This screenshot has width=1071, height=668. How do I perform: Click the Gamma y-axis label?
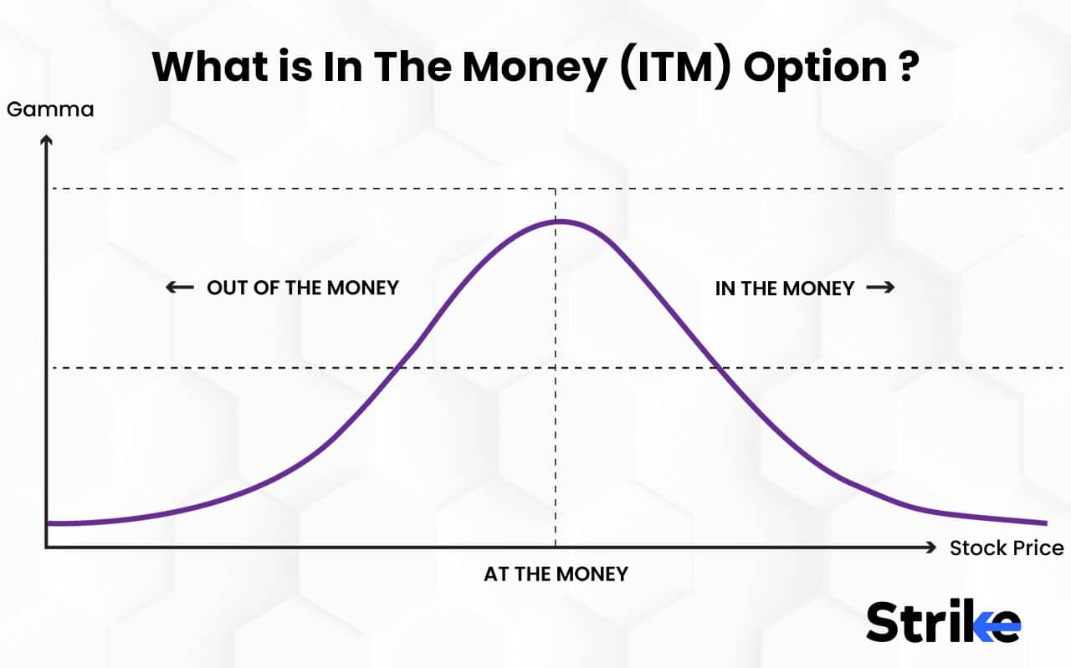point(50,110)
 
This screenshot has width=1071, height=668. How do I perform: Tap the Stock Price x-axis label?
point(1007,548)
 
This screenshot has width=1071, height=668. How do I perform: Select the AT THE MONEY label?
point(556,574)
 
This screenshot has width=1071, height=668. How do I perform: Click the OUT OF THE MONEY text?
point(302,288)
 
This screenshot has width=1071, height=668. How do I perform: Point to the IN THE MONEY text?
point(784,288)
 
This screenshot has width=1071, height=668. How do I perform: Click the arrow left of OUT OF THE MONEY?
point(180,288)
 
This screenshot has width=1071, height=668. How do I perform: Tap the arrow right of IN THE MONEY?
point(880,288)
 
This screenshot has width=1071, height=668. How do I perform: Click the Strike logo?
point(943,623)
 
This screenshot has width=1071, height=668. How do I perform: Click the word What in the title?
point(206,66)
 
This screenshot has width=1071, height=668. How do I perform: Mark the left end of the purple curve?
point(49,523)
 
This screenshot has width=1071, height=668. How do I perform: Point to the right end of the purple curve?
point(1045,523)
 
